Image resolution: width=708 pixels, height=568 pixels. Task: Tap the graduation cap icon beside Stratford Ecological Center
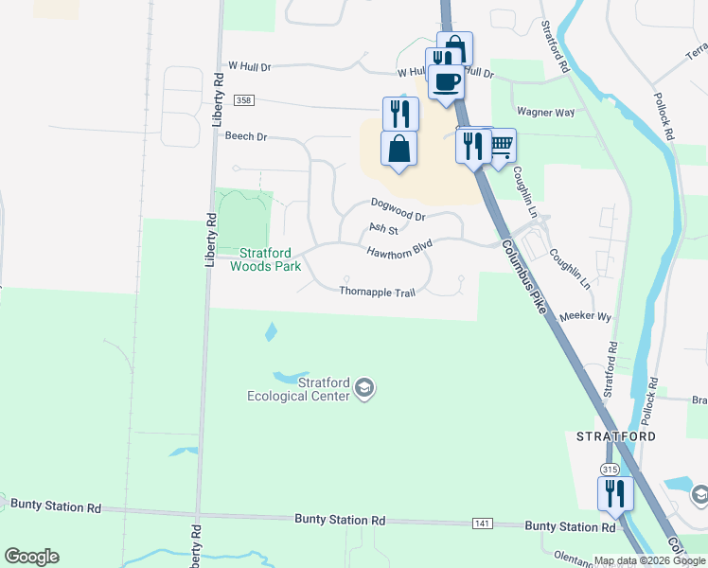click(364, 388)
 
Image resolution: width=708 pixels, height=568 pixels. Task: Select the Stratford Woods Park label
click(270, 259)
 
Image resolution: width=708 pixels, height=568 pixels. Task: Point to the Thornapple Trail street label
click(378, 293)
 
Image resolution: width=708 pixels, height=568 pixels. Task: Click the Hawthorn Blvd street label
click(399, 248)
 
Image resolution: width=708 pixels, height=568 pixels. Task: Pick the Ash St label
click(382, 228)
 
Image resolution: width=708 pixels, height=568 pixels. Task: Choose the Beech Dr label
click(246, 136)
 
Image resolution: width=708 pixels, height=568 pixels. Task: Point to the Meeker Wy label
click(586, 316)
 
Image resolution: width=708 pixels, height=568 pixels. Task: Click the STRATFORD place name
click(616, 436)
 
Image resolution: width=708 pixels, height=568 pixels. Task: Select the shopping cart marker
click(500, 146)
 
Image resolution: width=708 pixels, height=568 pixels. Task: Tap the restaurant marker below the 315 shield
click(614, 494)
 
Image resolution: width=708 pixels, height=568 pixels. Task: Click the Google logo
click(31, 557)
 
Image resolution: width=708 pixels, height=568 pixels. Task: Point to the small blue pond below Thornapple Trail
click(271, 331)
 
